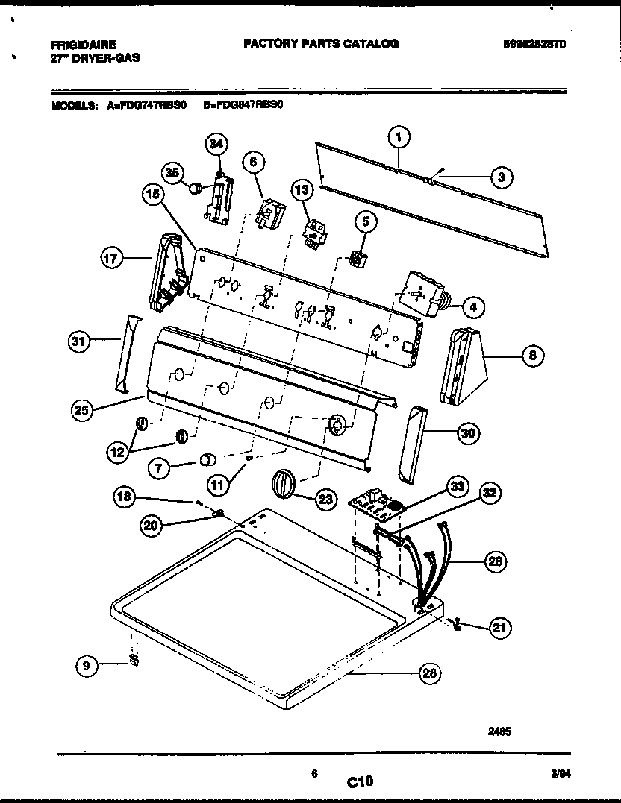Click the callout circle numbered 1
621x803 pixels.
click(x=399, y=136)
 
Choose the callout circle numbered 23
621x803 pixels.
click(x=325, y=500)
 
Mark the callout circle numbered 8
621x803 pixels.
click(x=532, y=356)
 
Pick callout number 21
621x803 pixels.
click(x=501, y=629)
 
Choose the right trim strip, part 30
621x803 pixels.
click(x=413, y=445)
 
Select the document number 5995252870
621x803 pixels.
click(x=534, y=44)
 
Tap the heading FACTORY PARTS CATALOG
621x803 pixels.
click(x=321, y=43)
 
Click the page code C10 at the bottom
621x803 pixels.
click(x=360, y=781)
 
